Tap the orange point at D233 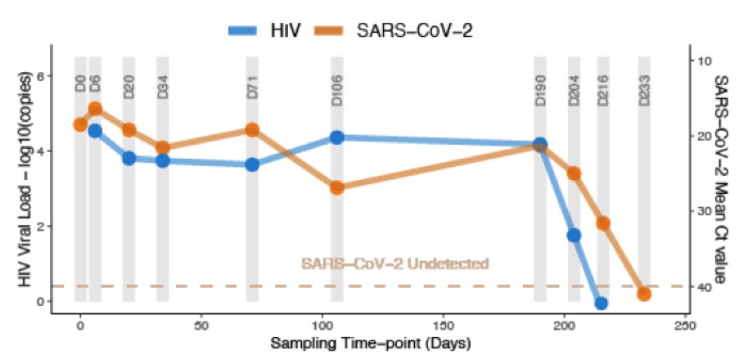644,294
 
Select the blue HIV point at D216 602,303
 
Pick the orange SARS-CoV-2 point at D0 80,124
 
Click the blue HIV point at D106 337,137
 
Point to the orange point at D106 337,187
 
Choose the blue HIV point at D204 574,236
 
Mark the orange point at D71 252,130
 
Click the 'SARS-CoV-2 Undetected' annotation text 394,263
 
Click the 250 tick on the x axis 684,325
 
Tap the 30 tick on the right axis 701,211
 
